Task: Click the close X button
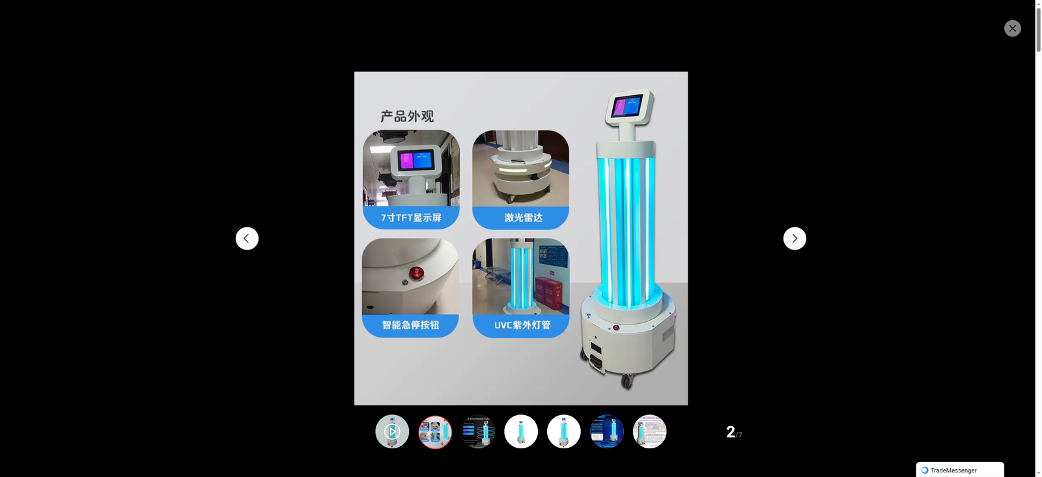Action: click(x=1012, y=28)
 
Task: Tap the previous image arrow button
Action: click(x=247, y=238)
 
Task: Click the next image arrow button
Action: click(x=795, y=238)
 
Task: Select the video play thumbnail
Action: click(x=392, y=431)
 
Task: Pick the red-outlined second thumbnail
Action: click(x=435, y=431)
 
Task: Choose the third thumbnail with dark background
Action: click(x=478, y=431)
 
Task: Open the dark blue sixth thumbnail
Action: click(x=607, y=431)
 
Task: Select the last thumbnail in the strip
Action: click(x=649, y=431)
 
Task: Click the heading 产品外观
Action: click(x=407, y=116)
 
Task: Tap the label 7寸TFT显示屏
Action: click(x=411, y=218)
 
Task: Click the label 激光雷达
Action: click(x=523, y=218)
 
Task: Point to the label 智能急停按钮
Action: click(x=410, y=325)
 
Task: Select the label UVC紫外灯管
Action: click(x=522, y=325)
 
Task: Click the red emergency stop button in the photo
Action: click(x=415, y=272)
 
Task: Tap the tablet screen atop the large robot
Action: click(x=627, y=106)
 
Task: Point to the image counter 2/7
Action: click(x=733, y=432)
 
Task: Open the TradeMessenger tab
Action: click(x=959, y=470)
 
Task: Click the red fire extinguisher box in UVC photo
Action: click(x=548, y=294)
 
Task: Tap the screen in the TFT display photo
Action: click(x=415, y=160)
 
